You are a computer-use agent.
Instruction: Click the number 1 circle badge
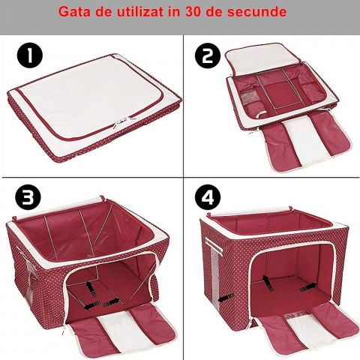point(29,55)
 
